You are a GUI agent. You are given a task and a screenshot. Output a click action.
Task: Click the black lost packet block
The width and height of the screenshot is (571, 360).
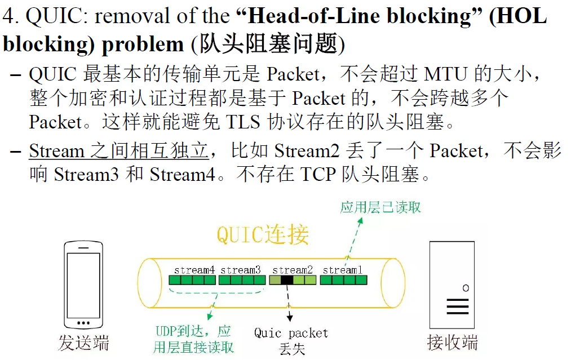tap(287, 279)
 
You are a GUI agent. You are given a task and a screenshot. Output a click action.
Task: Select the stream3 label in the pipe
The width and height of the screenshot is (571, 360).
tap(241, 270)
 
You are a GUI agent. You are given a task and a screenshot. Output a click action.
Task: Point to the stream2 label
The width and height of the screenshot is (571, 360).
tap(293, 270)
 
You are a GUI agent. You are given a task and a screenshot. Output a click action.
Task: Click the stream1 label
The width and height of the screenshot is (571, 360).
tap(343, 270)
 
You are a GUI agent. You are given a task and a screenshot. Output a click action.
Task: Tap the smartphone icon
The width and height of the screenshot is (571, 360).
tap(84, 286)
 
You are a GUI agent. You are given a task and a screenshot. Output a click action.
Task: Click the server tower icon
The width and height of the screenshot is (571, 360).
tap(452, 286)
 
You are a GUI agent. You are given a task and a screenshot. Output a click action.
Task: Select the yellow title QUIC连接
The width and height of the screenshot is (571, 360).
tap(263, 235)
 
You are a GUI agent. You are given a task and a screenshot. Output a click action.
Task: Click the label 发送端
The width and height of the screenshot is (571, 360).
tap(83, 343)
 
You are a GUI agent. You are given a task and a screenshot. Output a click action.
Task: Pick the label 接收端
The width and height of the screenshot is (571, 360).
tap(453, 342)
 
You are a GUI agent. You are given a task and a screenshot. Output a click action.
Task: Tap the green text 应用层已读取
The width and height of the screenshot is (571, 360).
tap(380, 207)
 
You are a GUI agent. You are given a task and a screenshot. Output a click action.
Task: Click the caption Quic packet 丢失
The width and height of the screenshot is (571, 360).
tap(291, 340)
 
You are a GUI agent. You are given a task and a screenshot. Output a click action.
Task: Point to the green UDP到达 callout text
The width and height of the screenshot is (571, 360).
tap(193, 339)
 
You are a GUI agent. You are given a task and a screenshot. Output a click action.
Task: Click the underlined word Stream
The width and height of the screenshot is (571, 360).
tap(56, 151)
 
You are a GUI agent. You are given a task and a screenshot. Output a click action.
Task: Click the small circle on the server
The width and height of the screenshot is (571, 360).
tap(466, 288)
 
